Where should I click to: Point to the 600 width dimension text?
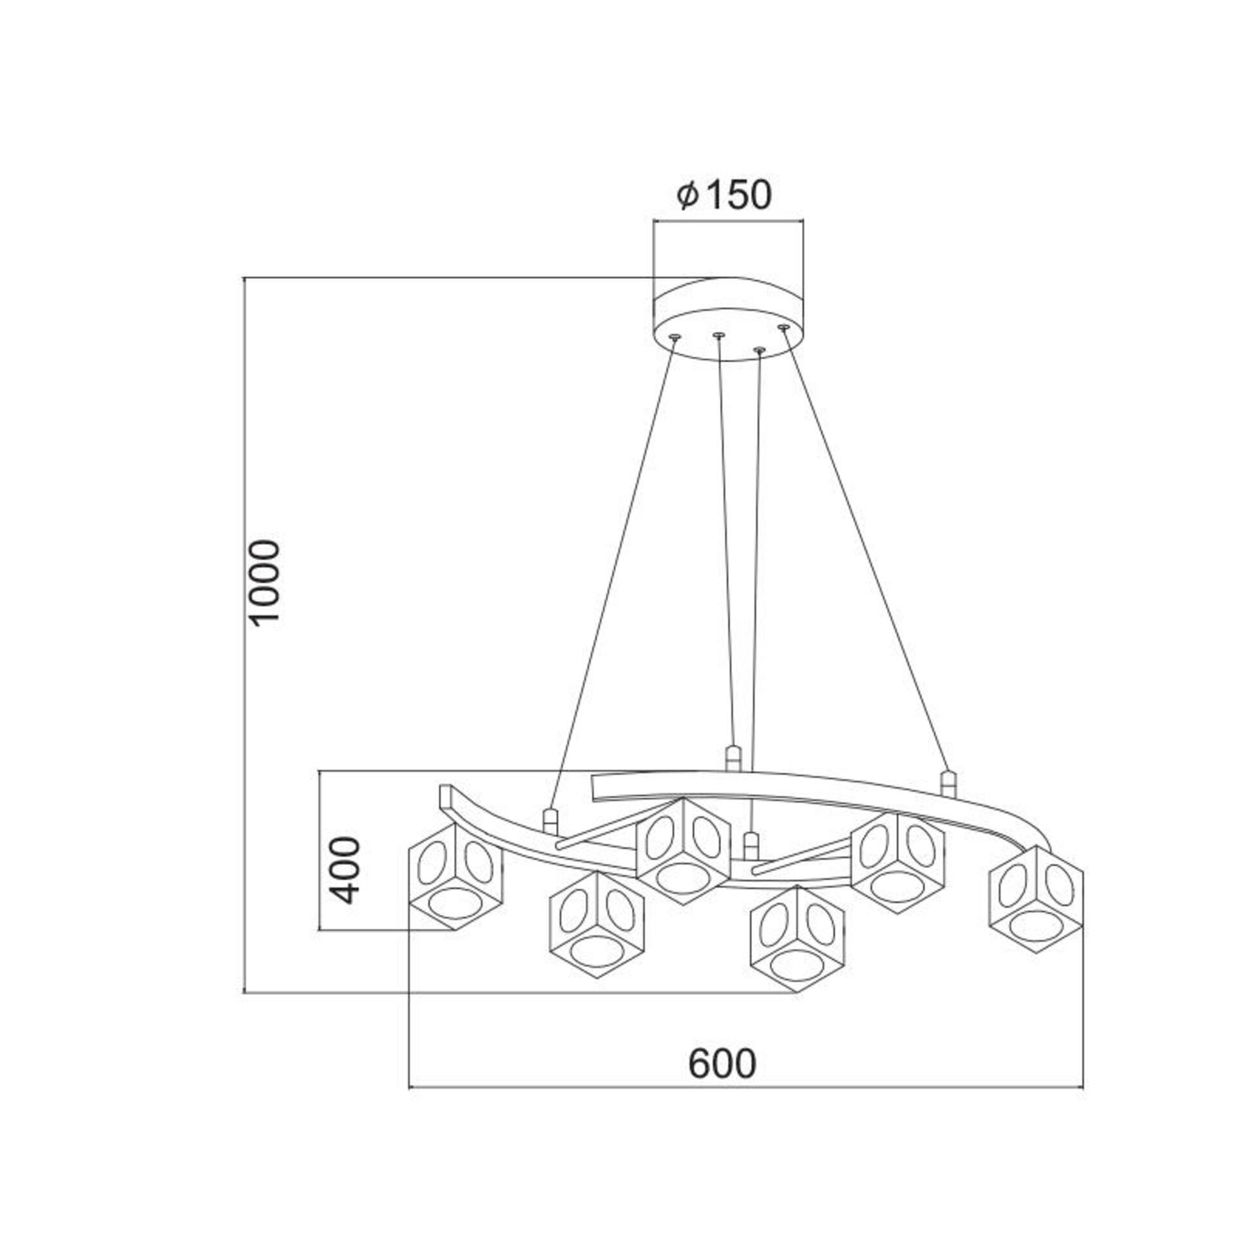tap(722, 1064)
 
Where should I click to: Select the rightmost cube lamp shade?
tap(1035, 898)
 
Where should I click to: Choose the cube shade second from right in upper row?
tap(897, 863)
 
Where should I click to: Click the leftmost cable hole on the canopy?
tap(675, 337)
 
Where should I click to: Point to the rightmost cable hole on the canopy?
tap(783, 327)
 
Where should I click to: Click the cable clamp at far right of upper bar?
tap(946, 783)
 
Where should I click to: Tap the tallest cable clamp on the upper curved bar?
tap(733, 759)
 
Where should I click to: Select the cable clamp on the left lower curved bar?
tap(550, 821)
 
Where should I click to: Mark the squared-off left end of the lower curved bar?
tap(445, 796)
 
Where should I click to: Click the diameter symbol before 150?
tap(687, 195)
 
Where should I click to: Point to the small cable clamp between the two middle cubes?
tap(750, 845)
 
